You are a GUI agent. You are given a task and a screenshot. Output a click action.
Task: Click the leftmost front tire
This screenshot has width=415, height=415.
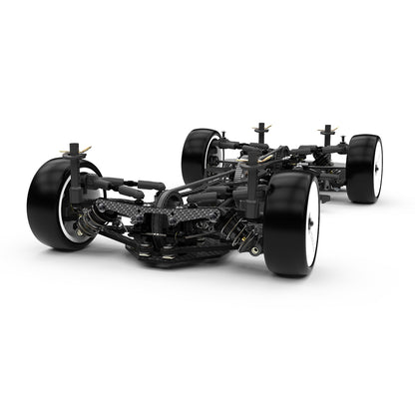point(50,205)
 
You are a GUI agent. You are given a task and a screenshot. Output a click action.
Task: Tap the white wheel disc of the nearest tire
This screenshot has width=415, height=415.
point(312,224)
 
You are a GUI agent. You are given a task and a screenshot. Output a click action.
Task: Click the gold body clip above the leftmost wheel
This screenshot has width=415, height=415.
point(71,153)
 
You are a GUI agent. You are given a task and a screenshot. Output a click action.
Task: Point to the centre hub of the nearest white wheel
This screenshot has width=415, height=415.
point(313,225)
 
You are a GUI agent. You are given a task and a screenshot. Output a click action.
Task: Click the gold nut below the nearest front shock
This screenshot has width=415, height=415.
point(255,250)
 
